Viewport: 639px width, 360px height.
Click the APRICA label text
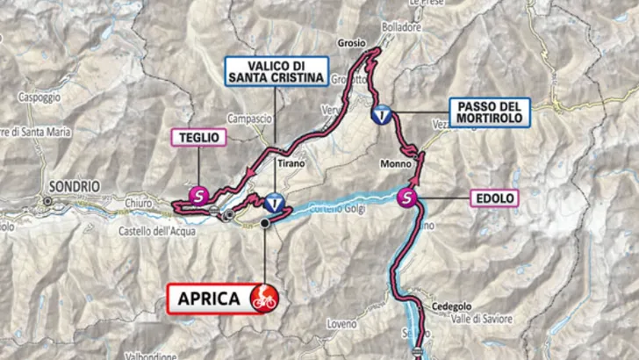[x=209, y=299]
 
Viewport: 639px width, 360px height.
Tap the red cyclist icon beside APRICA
[x=262, y=299]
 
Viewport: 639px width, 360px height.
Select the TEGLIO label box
[x=198, y=136]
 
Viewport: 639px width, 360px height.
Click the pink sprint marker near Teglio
[x=200, y=195]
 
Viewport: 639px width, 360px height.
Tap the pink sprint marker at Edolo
[x=407, y=197]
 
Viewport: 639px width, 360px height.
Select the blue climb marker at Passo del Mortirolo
[x=383, y=113]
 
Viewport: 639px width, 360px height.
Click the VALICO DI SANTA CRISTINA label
[x=276, y=70]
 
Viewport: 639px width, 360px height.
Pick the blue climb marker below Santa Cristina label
[x=276, y=203]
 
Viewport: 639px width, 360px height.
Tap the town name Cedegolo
[x=451, y=306]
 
